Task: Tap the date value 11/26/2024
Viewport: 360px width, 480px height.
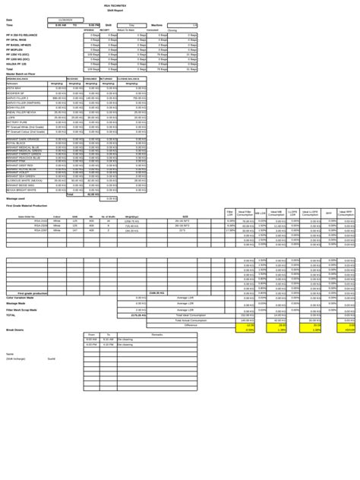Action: (x=60, y=20)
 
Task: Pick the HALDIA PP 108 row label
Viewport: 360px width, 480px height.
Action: (x=17, y=64)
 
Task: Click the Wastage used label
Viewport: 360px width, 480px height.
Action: (x=17, y=198)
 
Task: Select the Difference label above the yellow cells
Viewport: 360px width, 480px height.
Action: (x=191, y=325)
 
